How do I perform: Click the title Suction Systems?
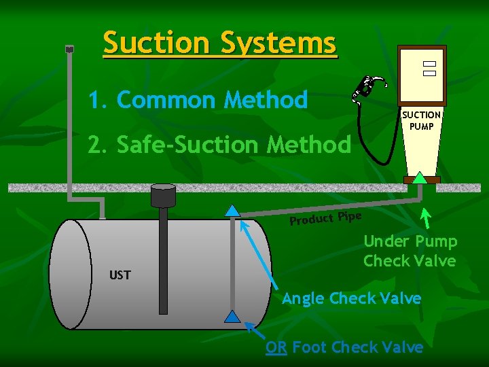pyautogui.click(x=219, y=43)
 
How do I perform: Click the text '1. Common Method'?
pyautogui.click(x=198, y=101)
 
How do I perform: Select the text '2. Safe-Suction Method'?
pyautogui.click(x=219, y=144)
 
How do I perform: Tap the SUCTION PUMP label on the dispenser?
pyautogui.click(x=421, y=120)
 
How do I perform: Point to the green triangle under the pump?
pyautogui.click(x=421, y=178)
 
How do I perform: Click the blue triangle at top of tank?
pyautogui.click(x=232, y=211)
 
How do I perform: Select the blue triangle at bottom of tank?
pyautogui.click(x=232, y=316)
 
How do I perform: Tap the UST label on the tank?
pyautogui.click(x=120, y=275)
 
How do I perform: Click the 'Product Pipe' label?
pyautogui.click(x=325, y=217)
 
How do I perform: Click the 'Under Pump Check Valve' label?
pyautogui.click(x=410, y=251)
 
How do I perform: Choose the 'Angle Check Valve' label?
pyautogui.click(x=351, y=298)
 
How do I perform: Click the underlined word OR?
pyautogui.click(x=276, y=347)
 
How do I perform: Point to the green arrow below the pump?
pyautogui.click(x=427, y=217)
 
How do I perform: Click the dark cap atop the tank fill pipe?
pyautogui.click(x=163, y=196)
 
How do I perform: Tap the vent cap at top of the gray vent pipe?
pyautogui.click(x=69, y=49)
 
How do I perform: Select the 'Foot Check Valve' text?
pyautogui.click(x=357, y=347)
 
